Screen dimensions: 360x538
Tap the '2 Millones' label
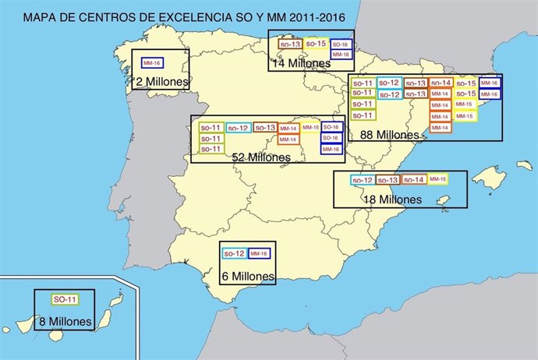click(x=160, y=80)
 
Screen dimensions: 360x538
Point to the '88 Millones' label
click(x=390, y=134)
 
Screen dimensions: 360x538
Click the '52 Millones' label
click(x=261, y=157)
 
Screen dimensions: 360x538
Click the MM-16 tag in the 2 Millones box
click(x=152, y=62)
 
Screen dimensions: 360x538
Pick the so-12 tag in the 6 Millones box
click(x=235, y=253)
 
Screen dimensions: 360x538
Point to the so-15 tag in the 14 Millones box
click(x=316, y=44)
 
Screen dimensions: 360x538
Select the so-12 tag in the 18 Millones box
click(x=362, y=180)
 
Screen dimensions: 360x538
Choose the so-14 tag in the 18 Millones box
click(x=414, y=180)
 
